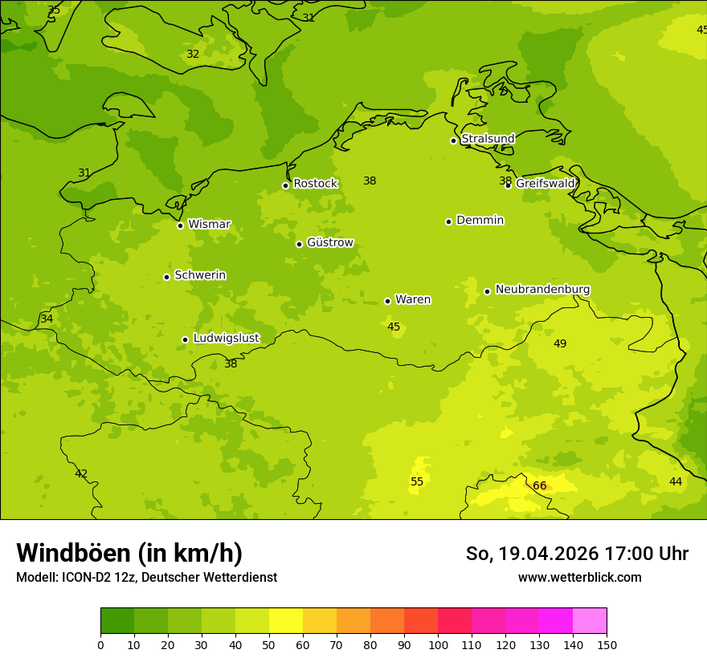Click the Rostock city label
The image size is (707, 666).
315,184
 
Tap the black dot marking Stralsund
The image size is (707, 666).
453,140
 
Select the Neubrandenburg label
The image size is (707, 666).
542,290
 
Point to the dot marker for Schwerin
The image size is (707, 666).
166,277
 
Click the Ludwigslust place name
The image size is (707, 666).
226,339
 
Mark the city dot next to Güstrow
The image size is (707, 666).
299,244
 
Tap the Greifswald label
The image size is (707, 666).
546,184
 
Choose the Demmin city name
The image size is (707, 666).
480,221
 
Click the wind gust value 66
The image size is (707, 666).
540,486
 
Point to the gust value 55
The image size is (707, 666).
417,482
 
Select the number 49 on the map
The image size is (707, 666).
560,344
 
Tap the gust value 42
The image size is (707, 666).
81,474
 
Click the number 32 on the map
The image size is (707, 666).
193,55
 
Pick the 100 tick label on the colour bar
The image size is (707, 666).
438,644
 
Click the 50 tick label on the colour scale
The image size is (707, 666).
269,644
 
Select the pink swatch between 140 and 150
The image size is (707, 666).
590,621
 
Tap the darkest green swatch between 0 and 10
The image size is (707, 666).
117,621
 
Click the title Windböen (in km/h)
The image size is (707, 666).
129,553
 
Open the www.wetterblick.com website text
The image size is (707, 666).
579,578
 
